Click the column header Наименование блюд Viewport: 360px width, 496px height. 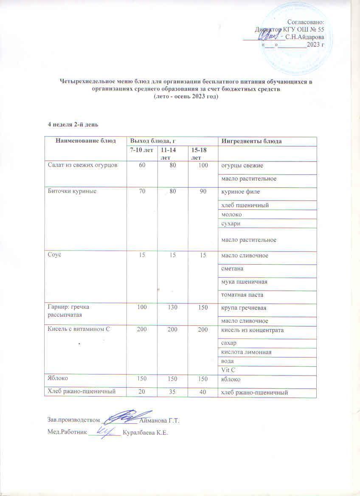pyautogui.click(x=86, y=141)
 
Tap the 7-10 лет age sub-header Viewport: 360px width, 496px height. pyautogui.click(x=141, y=151)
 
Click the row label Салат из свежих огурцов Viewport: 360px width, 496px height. pyautogui.click(x=79, y=165)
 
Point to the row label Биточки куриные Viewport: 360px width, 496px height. pyautogui.click(x=72, y=192)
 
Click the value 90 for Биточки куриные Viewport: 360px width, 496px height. pyautogui.click(x=203, y=192)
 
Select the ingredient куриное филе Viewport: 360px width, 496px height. pyautogui.click(x=239, y=192)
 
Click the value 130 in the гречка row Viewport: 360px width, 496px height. pyautogui.click(x=173, y=307)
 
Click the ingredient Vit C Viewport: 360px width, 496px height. pyautogui.click(x=228, y=370)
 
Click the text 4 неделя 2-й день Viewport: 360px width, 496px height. pyautogui.click(x=73, y=124)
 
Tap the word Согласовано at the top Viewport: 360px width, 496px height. pyautogui.click(x=306, y=22)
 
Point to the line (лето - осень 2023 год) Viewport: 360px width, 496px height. pyautogui.click(x=186, y=97)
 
